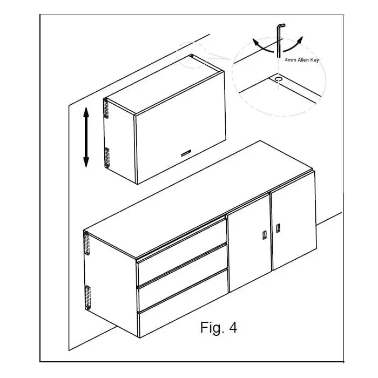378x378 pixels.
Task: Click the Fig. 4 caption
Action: pyautogui.click(x=218, y=327)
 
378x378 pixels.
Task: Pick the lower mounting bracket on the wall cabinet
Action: pyautogui.click(x=106, y=157)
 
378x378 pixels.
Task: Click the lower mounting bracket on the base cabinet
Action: pyautogui.click(x=87, y=298)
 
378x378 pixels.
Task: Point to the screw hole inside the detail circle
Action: pyautogui.click(x=278, y=79)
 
